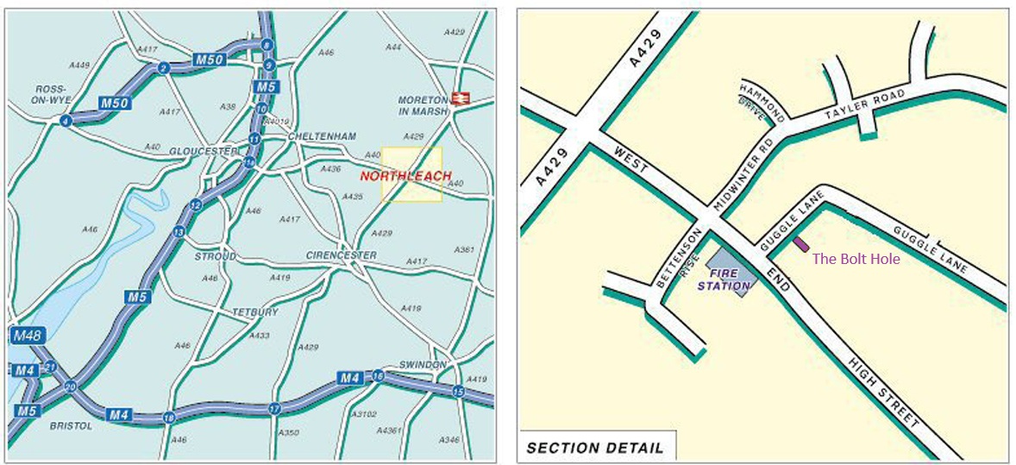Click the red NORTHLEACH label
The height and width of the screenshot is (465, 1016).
coord(405,176)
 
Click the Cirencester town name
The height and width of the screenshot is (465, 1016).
coord(342,255)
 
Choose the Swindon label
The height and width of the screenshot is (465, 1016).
coord(423,365)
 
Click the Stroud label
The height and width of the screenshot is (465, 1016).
coord(215,256)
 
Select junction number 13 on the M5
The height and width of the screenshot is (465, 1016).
coord(179,232)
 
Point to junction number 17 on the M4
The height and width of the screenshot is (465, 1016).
coord(275,408)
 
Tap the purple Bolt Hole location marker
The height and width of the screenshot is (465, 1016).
coord(801,245)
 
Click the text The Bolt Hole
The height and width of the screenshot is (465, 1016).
coord(856,259)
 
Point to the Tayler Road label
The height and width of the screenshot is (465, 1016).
coord(864,104)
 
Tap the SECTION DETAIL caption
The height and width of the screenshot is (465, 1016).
coord(595,448)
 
